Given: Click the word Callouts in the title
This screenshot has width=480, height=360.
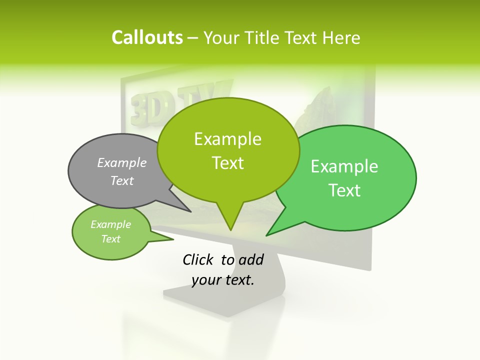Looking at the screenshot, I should (x=147, y=37).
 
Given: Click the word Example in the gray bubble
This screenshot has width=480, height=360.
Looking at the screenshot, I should (x=122, y=162).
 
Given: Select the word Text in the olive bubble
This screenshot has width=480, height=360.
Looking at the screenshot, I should (x=228, y=163).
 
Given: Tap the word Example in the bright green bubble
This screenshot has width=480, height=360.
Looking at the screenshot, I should (x=344, y=166).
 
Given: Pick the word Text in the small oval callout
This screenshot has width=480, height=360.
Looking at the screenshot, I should (x=111, y=239).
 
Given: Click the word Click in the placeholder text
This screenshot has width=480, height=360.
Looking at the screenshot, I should (x=199, y=260).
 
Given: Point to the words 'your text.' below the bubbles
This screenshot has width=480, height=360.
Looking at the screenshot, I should (x=223, y=280).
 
